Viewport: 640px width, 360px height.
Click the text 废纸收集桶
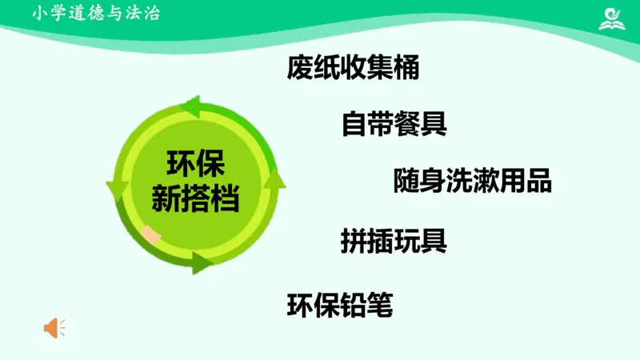pos(353,68)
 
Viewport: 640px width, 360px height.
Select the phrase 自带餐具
pos(394,123)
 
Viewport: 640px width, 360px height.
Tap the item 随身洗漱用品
pos(472,181)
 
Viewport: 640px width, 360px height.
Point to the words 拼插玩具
pos(394,239)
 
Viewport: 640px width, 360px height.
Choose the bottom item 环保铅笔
pos(340,305)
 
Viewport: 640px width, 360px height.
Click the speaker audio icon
pos(54,327)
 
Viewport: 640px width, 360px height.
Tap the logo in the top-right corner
pos(614,18)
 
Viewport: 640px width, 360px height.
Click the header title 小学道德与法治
pos(96,14)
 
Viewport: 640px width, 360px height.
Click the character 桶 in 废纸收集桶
pos(407,68)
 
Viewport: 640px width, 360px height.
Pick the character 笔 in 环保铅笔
pos(380,305)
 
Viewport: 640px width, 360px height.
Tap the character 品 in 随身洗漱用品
pos(538,181)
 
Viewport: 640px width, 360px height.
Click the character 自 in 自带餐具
pos(354,123)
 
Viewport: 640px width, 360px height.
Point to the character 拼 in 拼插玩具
pos(354,239)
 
